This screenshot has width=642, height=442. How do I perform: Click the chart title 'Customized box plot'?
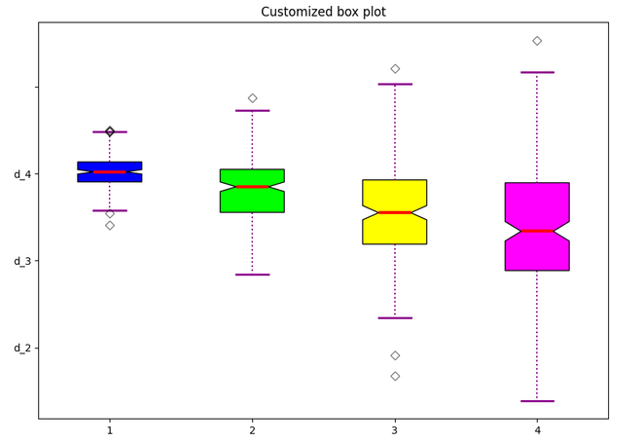(x=323, y=12)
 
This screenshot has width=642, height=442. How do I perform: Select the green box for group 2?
(x=252, y=200)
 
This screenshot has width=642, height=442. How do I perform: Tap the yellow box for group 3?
(x=394, y=230)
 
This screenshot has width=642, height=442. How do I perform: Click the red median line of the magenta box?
(x=537, y=231)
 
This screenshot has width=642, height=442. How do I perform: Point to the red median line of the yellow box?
(x=394, y=212)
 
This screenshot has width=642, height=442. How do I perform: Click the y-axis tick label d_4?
(x=22, y=174)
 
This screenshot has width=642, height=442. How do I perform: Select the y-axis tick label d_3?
(x=22, y=261)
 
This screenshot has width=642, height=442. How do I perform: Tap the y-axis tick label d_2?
(x=22, y=348)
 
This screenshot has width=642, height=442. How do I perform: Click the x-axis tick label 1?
(x=110, y=429)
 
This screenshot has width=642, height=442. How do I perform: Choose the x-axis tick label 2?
(x=252, y=429)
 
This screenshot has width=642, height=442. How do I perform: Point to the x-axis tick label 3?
(x=395, y=429)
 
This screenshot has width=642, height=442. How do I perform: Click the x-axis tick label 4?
(x=537, y=429)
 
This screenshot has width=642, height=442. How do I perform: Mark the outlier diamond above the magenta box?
(x=537, y=41)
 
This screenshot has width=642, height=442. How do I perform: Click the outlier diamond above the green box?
(x=252, y=98)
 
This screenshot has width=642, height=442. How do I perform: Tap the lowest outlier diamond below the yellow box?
(x=395, y=376)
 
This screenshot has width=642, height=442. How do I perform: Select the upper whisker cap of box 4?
(x=537, y=72)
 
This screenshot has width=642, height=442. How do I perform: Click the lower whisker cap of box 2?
(x=252, y=275)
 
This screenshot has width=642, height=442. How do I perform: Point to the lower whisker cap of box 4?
(x=537, y=401)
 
